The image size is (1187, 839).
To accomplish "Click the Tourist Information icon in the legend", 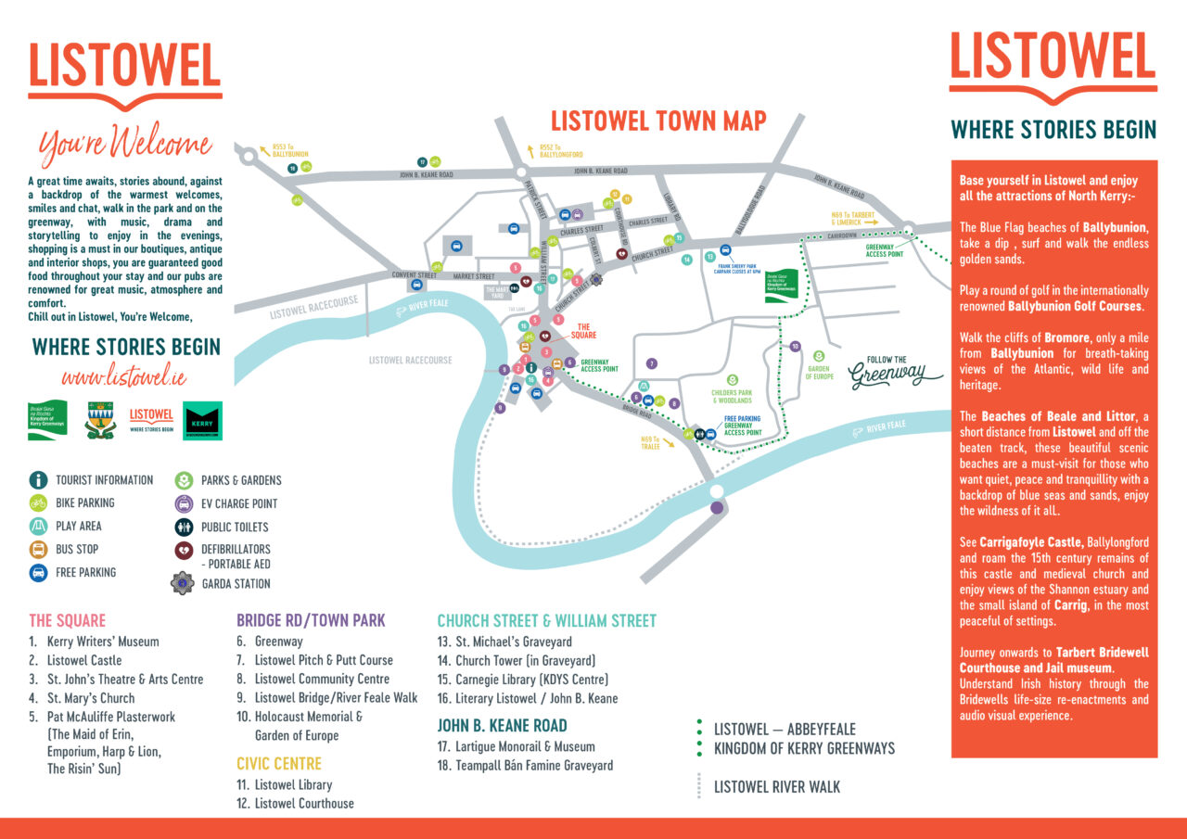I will [x=38, y=480].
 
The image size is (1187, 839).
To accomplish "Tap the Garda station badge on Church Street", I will [x=597, y=278].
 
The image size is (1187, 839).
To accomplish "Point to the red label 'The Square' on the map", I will [x=584, y=332].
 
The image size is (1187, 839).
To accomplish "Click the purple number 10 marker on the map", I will [x=795, y=346].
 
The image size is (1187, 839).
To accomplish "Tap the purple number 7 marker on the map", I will [x=652, y=363].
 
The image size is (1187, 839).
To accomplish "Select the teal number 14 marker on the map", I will [x=687, y=260].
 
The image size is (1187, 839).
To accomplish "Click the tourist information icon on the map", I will [x=531, y=368].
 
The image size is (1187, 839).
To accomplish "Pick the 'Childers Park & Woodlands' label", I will [x=733, y=396].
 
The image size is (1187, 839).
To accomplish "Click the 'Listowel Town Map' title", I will [x=658, y=121].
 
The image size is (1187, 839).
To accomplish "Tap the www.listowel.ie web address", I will [x=124, y=377].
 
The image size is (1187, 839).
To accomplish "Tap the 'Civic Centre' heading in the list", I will [x=279, y=764].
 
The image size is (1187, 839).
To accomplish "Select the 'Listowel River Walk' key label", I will [x=776, y=787].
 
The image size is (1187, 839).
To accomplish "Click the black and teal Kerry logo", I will [x=203, y=420].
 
